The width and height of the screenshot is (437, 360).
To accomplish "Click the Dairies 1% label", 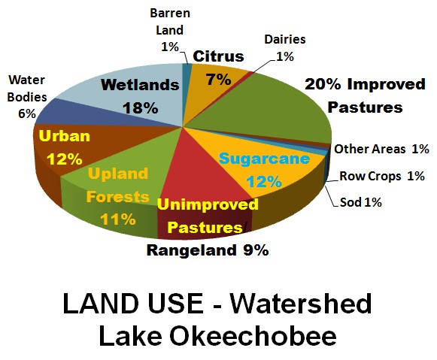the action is [x=285, y=48].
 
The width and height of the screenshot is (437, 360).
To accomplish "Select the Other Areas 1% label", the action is [x=381, y=150].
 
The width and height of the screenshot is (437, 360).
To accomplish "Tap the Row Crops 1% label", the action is [x=382, y=176].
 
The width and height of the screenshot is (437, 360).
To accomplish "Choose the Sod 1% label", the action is [x=360, y=202].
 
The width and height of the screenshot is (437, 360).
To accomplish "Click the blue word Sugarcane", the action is [x=264, y=159].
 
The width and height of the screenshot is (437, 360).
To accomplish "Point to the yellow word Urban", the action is [x=65, y=136].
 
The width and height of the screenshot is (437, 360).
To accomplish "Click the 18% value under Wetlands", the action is [x=141, y=107].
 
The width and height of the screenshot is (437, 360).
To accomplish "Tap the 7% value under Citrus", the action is [x=219, y=80].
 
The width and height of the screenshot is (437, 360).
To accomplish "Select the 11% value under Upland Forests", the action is [x=118, y=219].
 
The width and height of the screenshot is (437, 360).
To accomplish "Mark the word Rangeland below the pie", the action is [x=191, y=250].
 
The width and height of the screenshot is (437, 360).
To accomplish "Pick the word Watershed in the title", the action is [x=301, y=304].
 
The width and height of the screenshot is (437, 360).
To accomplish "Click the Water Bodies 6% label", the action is [x=27, y=97].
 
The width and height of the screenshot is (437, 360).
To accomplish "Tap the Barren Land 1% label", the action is [x=170, y=30].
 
